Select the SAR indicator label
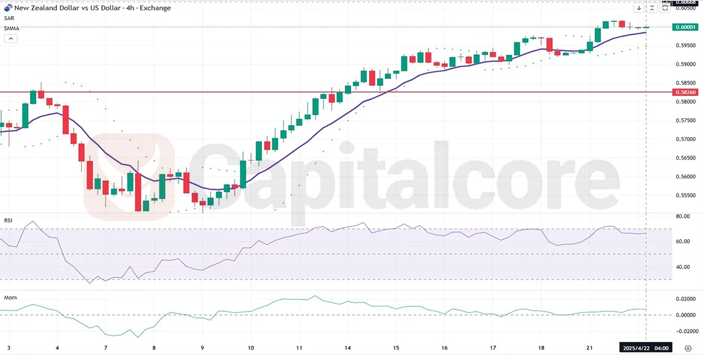click(9, 18)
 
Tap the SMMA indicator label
click(11, 28)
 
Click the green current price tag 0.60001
click(685, 27)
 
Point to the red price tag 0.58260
click(685, 92)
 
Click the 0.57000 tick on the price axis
click(685, 139)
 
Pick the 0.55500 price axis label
click(685, 196)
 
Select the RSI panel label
click(9, 221)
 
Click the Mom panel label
click(10, 298)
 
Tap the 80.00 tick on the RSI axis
click(682, 217)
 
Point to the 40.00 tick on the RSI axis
click(682, 267)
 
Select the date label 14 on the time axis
click(348, 348)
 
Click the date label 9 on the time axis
click(202, 348)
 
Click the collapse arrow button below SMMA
click(10, 39)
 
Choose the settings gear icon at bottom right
click(688, 348)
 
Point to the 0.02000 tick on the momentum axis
click(685, 299)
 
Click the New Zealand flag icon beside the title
click(8, 8)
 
